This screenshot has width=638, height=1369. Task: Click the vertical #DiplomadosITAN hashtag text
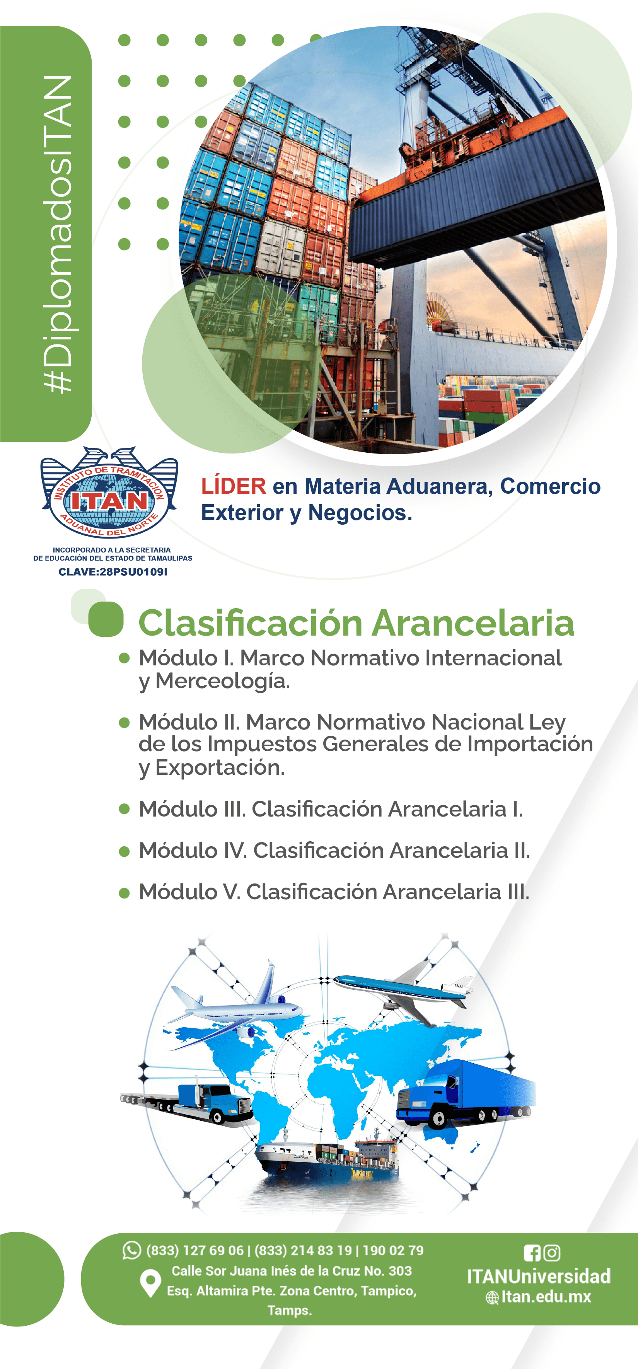click(58, 234)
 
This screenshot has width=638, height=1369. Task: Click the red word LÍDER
click(234, 486)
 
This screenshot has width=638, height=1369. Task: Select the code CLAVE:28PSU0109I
click(113, 572)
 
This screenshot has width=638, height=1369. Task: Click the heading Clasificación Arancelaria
click(356, 622)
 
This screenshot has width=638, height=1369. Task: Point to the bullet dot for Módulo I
click(125, 658)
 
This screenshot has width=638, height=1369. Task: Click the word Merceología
click(223, 681)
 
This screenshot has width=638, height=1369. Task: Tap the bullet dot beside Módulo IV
click(125, 851)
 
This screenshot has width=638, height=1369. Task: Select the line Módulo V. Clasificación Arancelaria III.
click(334, 892)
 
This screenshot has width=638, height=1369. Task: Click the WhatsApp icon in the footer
click(131, 1250)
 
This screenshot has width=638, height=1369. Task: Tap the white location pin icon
click(150, 1283)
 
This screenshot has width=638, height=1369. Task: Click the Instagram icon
click(552, 1253)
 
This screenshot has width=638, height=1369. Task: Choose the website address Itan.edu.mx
click(546, 1297)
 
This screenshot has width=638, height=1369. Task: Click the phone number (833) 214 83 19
click(303, 1250)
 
